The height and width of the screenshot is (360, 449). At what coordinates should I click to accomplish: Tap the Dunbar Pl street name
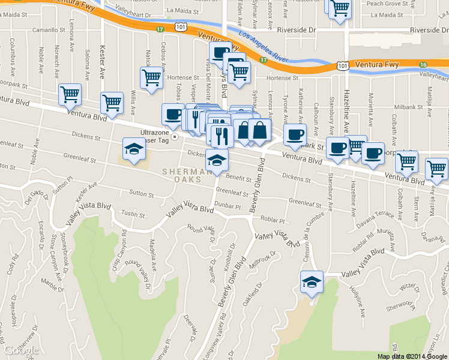click(x=228, y=205)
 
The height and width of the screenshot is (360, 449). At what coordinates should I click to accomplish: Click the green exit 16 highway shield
click(x=423, y=64)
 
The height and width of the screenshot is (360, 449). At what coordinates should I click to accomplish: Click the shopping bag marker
click(x=260, y=130)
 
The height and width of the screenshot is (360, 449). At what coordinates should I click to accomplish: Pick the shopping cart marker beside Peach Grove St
click(x=340, y=8)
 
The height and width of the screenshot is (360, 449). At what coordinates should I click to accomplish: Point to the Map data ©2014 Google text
click(x=412, y=356)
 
